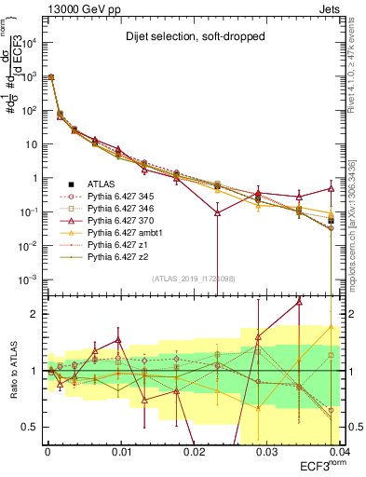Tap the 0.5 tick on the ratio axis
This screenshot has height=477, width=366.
(x=34, y=427)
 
